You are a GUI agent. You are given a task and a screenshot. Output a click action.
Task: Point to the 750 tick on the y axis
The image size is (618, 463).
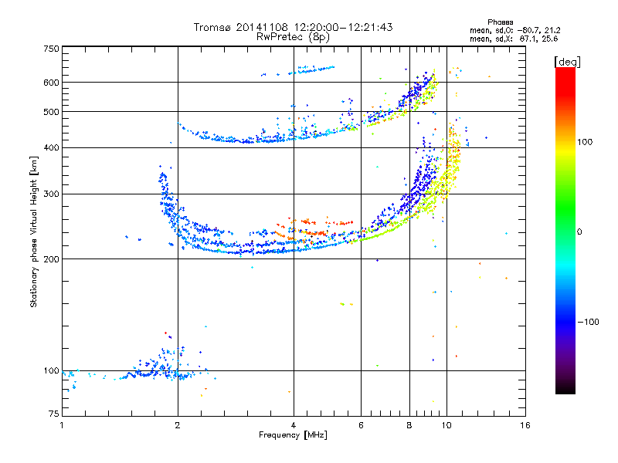tap(51, 49)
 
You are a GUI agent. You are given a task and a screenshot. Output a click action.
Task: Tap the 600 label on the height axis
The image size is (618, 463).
tap(51, 83)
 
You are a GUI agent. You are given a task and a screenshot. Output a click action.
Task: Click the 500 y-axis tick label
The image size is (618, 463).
tap(51, 112)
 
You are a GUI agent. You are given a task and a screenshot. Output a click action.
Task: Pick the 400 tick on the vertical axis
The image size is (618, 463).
tap(51, 147)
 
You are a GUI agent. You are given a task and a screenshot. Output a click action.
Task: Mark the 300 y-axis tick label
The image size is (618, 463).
tap(51, 194)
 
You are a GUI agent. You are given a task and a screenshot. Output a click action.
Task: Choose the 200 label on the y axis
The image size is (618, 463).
tap(51, 259)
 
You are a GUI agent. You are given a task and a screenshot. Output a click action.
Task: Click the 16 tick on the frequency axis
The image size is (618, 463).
tap(525, 425)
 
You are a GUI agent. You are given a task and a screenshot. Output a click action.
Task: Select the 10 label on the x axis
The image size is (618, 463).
tap(446, 425)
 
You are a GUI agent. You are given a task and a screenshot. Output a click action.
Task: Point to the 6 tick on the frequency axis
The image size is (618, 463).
tap(361, 425)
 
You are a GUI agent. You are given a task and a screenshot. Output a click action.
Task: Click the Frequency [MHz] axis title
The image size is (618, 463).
tap(293, 435)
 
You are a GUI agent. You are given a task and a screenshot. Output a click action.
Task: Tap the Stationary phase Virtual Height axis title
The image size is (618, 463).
tap(34, 231)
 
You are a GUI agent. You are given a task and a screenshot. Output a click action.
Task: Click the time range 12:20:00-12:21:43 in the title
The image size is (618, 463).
tap(340, 27)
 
